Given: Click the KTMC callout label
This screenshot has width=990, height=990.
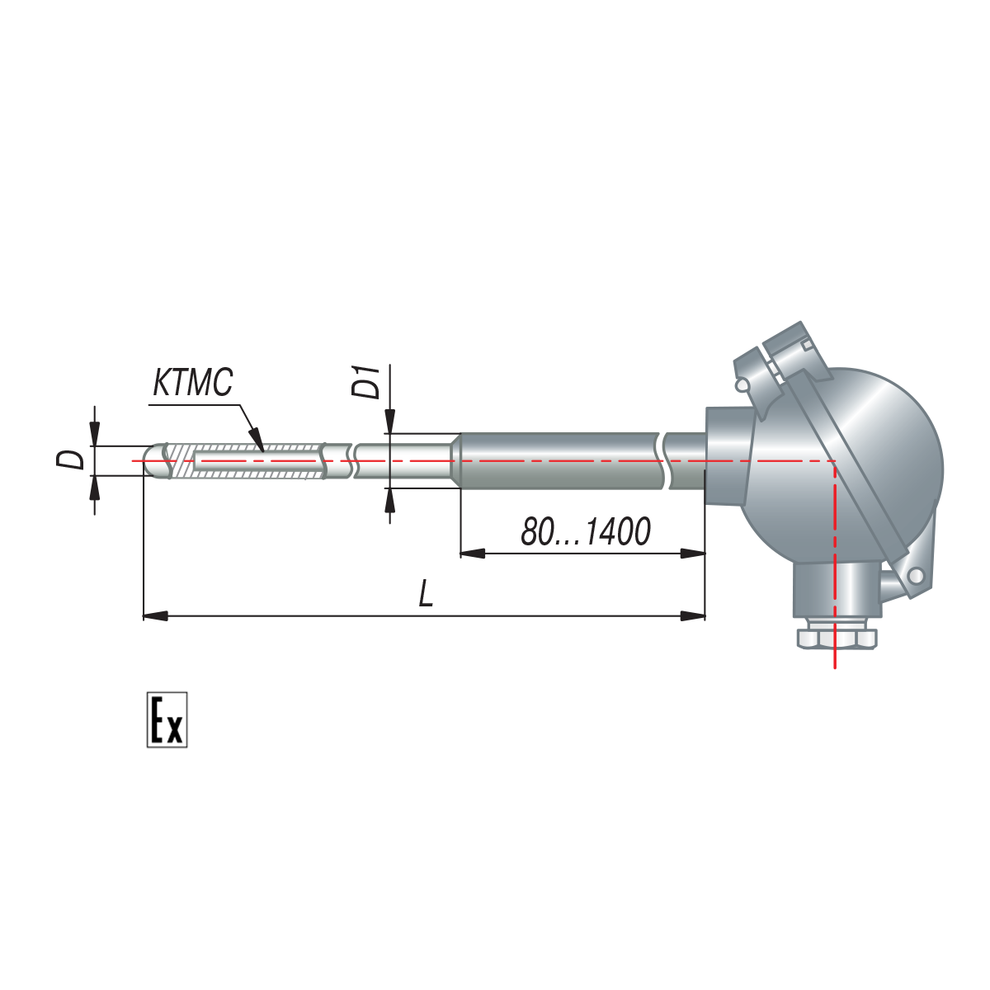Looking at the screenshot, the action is pyautogui.click(x=193, y=383).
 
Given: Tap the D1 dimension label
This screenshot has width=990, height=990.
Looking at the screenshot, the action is pyautogui.click(x=365, y=382).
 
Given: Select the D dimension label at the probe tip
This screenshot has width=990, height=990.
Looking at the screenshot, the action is pyautogui.click(x=70, y=460).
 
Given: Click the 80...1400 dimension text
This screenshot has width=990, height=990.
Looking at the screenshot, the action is pyautogui.click(x=586, y=532).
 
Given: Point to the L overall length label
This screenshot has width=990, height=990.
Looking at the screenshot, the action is pyautogui.click(x=426, y=592).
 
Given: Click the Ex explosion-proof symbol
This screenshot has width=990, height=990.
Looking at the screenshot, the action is pyautogui.click(x=167, y=719).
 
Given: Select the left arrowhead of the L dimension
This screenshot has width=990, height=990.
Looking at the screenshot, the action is pyautogui.click(x=155, y=615).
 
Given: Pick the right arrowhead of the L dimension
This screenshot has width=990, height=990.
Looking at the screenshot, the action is pyautogui.click(x=692, y=615).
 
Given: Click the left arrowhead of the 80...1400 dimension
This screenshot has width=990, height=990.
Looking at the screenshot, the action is pyautogui.click(x=472, y=554).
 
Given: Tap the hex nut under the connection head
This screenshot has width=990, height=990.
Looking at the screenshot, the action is pyautogui.click(x=837, y=638).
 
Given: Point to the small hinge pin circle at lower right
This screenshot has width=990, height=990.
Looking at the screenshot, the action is pyautogui.click(x=916, y=576).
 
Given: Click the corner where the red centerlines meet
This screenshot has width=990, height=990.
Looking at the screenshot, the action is pyautogui.click(x=835, y=461).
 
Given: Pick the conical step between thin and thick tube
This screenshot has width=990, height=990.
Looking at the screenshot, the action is pyautogui.click(x=454, y=460).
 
